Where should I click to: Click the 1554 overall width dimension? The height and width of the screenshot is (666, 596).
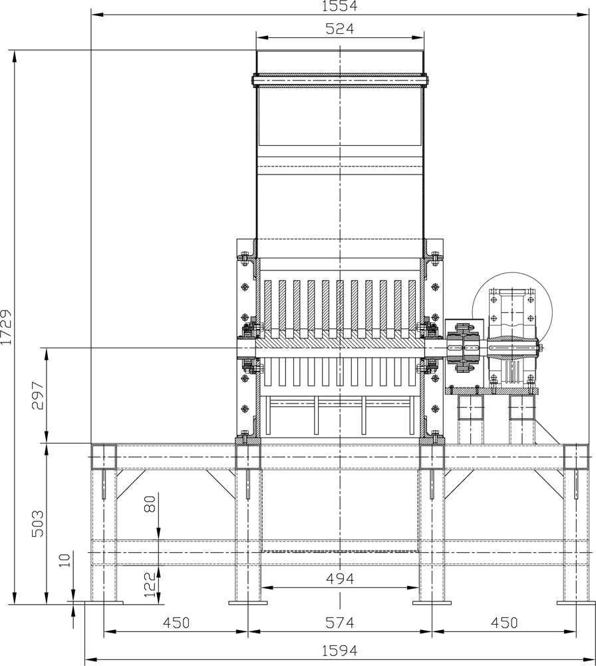pyautogui.click(x=339, y=6)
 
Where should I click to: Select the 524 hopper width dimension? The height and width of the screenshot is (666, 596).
pyautogui.click(x=339, y=29)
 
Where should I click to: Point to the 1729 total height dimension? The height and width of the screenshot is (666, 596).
pyautogui.click(x=7, y=327)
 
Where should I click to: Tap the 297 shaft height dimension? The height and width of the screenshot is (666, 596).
pyautogui.click(x=38, y=395)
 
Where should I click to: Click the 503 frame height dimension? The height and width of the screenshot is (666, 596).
pyautogui.click(x=38, y=523)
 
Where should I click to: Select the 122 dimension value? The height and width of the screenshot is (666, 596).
pyautogui.click(x=150, y=585)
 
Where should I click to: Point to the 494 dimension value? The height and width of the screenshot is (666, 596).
pyautogui.click(x=339, y=578)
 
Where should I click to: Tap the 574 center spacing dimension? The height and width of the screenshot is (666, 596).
pyautogui.click(x=339, y=623)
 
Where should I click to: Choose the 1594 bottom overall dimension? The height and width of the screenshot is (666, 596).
pyautogui.click(x=339, y=650)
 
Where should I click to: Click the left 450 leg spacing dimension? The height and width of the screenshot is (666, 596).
pyautogui.click(x=176, y=623)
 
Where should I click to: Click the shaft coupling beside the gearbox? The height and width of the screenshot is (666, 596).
pyautogui.click(x=464, y=348)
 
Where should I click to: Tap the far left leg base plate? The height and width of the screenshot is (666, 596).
pyautogui.click(x=104, y=603)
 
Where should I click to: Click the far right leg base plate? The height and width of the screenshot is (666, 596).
pyautogui.click(x=576, y=603)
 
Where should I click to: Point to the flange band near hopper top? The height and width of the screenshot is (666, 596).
pyautogui.click(x=340, y=81)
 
